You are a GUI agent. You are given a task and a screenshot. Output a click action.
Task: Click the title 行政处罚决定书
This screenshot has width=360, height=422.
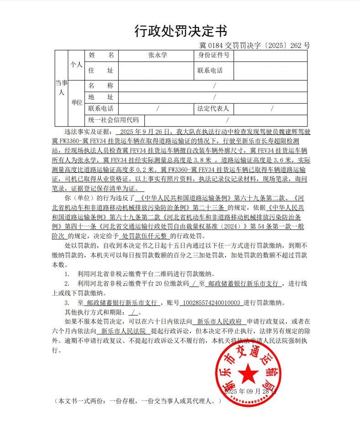coord(180,31)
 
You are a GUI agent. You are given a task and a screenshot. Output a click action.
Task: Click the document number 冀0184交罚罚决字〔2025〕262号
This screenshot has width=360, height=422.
coord(254,46)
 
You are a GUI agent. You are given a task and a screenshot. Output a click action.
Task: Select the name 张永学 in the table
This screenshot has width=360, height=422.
coord(158,56)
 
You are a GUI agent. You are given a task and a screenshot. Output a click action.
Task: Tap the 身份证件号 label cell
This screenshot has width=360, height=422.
coord(213,56)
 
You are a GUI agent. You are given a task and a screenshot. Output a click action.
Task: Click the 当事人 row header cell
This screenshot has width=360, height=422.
coord(61,87)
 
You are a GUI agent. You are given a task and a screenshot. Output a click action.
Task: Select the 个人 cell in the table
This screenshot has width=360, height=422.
coord(76,65)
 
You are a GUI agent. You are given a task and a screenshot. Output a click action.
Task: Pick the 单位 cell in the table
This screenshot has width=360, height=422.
coord(77,102)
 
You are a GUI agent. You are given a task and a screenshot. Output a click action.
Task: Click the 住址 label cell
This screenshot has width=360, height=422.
coord(101,70)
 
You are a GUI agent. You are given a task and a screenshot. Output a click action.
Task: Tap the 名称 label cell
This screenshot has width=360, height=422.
coord(101,85)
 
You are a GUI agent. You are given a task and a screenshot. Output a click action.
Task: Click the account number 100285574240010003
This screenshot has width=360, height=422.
coord(211,303)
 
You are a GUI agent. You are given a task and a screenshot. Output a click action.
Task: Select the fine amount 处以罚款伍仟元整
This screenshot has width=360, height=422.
coord(144,236)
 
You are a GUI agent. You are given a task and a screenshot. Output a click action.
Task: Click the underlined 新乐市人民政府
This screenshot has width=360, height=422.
coord(219,322)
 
